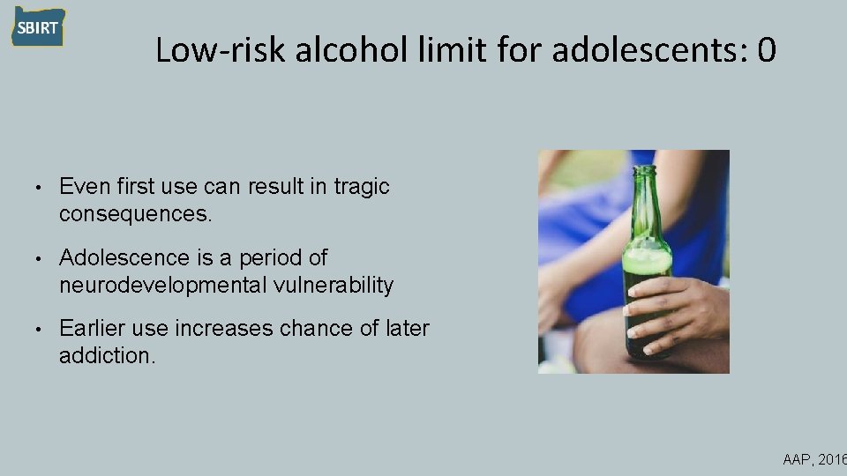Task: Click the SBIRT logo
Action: click(x=38, y=27)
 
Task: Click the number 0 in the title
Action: click(x=765, y=50)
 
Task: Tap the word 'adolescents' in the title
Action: click(x=648, y=50)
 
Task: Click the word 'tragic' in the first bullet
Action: click(x=362, y=187)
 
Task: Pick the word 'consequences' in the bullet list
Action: click(x=132, y=213)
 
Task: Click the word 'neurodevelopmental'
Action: click(x=169, y=285)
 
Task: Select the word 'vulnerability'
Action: click(x=339, y=285)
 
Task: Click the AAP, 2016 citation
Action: click(x=813, y=459)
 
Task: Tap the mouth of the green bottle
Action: click(x=646, y=168)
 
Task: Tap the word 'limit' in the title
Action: click(x=450, y=50)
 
